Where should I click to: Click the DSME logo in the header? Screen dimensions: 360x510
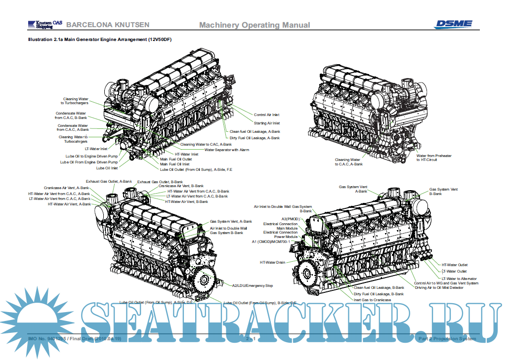[x=453, y=24]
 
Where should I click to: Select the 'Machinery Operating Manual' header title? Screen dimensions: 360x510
[x=255, y=25]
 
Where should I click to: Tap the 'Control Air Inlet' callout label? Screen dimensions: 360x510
[x=266, y=115]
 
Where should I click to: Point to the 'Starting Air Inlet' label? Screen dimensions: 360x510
[x=267, y=123]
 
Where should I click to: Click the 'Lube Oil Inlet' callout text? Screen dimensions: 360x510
[x=107, y=168]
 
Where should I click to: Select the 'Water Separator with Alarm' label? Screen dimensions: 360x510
[x=226, y=149]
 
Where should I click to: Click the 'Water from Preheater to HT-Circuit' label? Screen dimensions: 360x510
[x=433, y=158]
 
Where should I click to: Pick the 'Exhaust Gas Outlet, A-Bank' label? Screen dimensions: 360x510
[x=109, y=181]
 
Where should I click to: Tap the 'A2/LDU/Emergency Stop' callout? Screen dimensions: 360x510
[x=252, y=285]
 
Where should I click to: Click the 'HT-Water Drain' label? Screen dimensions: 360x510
[x=272, y=263]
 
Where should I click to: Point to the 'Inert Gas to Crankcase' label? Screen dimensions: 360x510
[x=372, y=300]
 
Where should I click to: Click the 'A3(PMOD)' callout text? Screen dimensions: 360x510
[x=290, y=219]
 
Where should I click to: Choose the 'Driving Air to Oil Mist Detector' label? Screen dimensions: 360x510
[x=439, y=287]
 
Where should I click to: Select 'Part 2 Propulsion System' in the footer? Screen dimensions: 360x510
[x=447, y=339]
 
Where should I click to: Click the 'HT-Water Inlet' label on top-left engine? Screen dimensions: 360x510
[x=186, y=154]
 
